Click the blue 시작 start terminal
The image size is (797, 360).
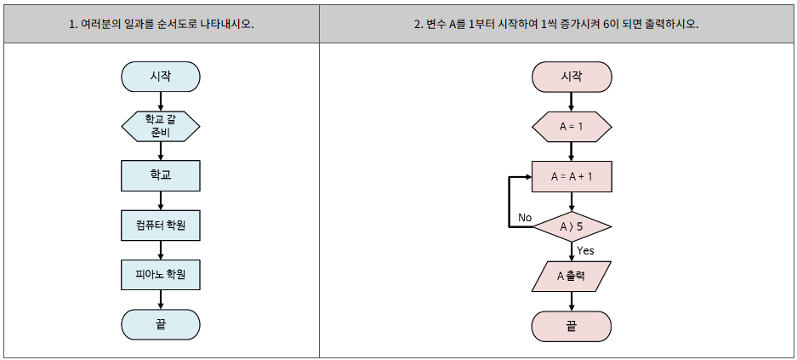click(161, 76)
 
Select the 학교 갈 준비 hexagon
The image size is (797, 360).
click(161, 127)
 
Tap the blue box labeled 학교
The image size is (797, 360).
click(161, 175)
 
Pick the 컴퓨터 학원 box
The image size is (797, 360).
click(161, 226)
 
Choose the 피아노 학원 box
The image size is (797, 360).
click(161, 275)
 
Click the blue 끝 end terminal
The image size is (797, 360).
click(161, 324)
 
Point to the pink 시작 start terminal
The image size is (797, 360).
click(572, 76)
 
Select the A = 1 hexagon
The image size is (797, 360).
click(572, 127)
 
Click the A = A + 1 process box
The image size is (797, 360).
click(572, 177)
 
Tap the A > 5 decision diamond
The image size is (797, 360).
click(572, 227)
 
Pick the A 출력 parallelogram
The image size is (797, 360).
click(572, 276)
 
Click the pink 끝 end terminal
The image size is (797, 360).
click(572, 324)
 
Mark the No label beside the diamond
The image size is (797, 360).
click(524, 218)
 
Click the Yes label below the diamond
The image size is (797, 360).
click(585, 250)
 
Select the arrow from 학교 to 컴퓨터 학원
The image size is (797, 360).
click(161, 200)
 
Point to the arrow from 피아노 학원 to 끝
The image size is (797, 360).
click(161, 300)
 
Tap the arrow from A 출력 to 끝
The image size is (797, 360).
click(572, 300)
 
